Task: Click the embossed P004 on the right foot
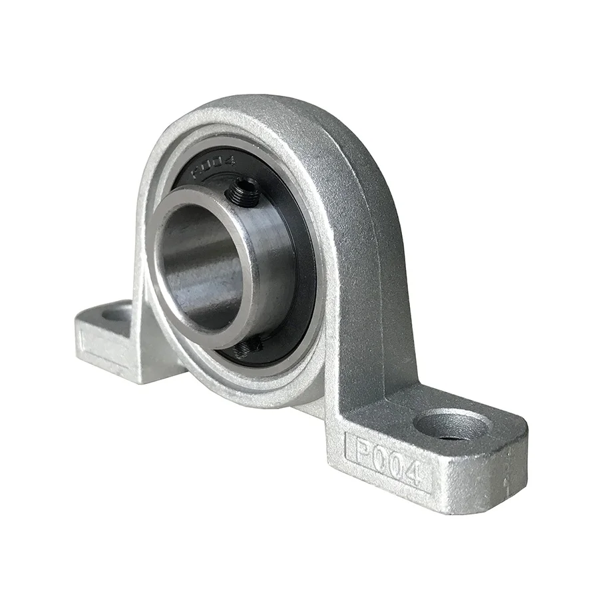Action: coord(386,459)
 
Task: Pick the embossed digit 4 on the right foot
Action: coord(413,473)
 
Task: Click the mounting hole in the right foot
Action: coord(447,425)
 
